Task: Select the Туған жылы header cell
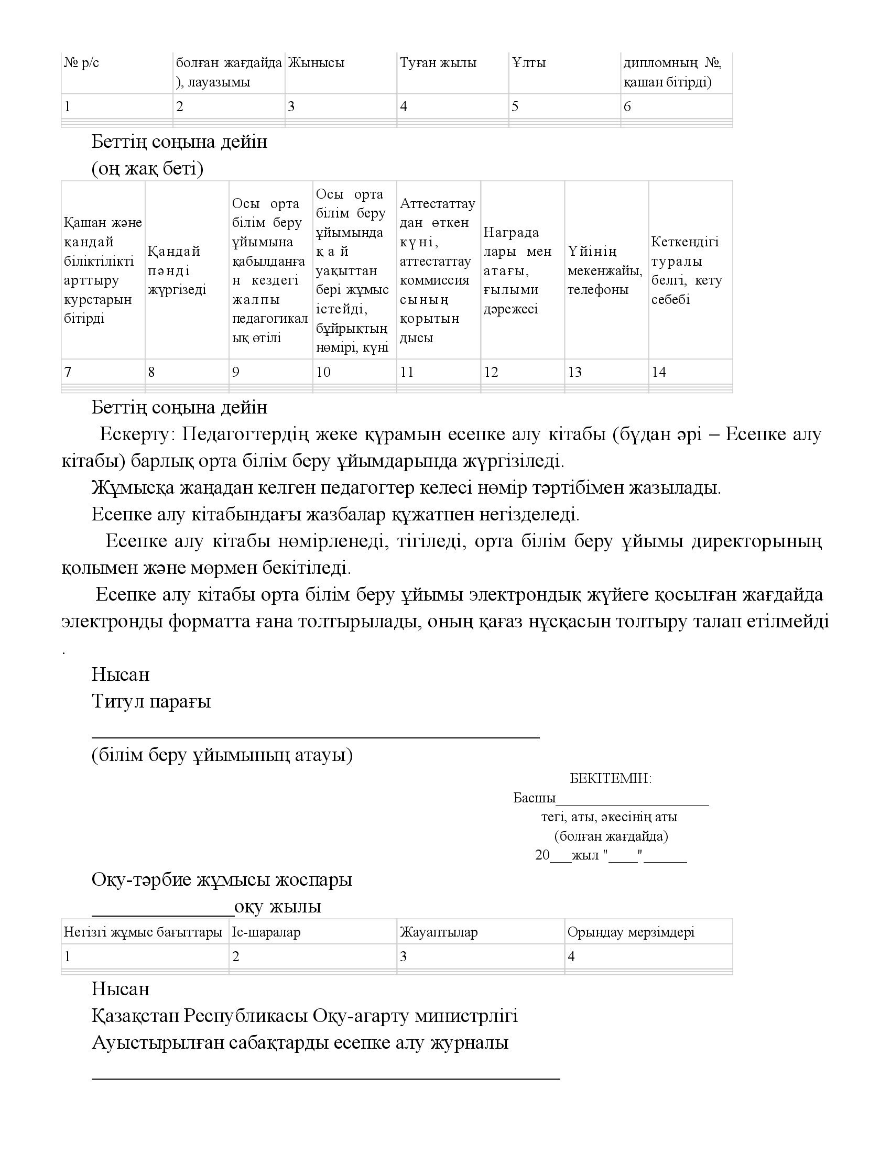pyautogui.click(x=438, y=63)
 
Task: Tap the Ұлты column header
pyautogui.click(x=529, y=63)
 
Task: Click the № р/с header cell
pyautogui.click(x=81, y=63)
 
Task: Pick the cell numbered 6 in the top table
pyautogui.click(x=627, y=106)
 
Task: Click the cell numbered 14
pyautogui.click(x=659, y=372)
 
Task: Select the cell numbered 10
pyautogui.click(x=323, y=372)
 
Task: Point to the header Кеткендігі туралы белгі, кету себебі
pyautogui.click(x=686, y=270)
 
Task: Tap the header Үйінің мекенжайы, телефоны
pyautogui.click(x=605, y=270)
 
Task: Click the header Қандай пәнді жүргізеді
pyautogui.click(x=177, y=270)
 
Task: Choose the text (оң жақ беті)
pyautogui.click(x=147, y=169)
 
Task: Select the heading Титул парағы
pyautogui.click(x=151, y=701)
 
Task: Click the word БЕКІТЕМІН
pyautogui.click(x=611, y=778)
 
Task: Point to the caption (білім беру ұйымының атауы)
pyautogui.click(x=222, y=755)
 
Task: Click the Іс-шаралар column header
pyautogui.click(x=266, y=932)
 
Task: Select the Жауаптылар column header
pyautogui.click(x=439, y=932)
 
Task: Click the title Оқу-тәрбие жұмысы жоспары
pyautogui.click(x=222, y=879)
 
